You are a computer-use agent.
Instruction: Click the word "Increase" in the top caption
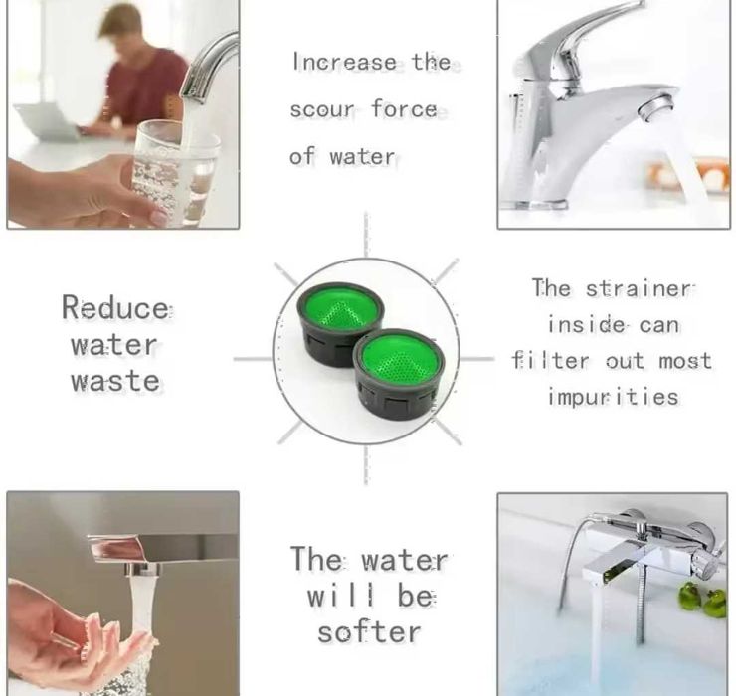coord(344,62)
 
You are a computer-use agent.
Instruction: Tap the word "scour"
coord(322,109)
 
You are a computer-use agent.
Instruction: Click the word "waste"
coord(115,380)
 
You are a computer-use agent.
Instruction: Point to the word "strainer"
coord(639,288)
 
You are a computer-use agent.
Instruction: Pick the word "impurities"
coord(613,397)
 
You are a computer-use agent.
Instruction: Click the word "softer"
coord(369,632)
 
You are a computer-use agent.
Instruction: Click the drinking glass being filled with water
coord(176,173)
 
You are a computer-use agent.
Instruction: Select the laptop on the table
coord(47,121)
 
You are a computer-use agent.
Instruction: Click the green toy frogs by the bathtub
coord(702,601)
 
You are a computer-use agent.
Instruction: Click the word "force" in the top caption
coord(405,109)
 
